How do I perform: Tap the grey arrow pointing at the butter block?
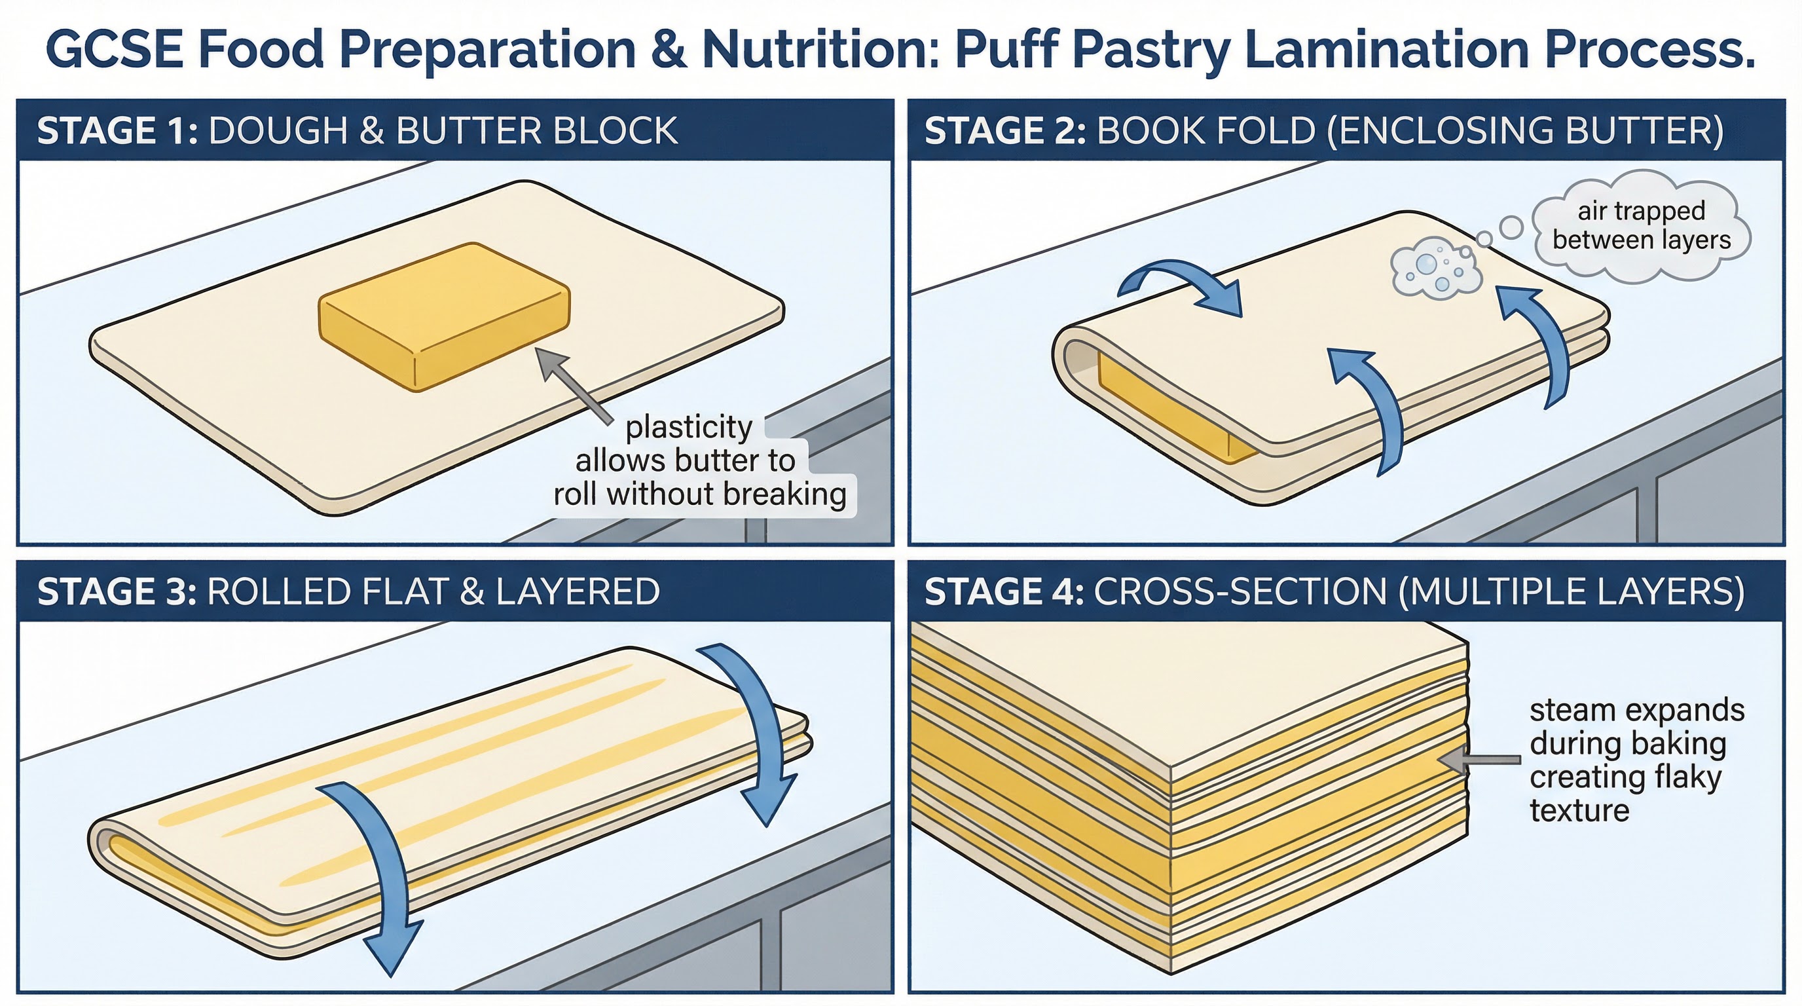[x=574, y=384]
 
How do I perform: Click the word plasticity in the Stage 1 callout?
[x=689, y=427]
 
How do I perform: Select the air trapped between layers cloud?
[x=1641, y=225]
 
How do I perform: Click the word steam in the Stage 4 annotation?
[x=1571, y=710]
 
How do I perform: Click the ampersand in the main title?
[x=669, y=49]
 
